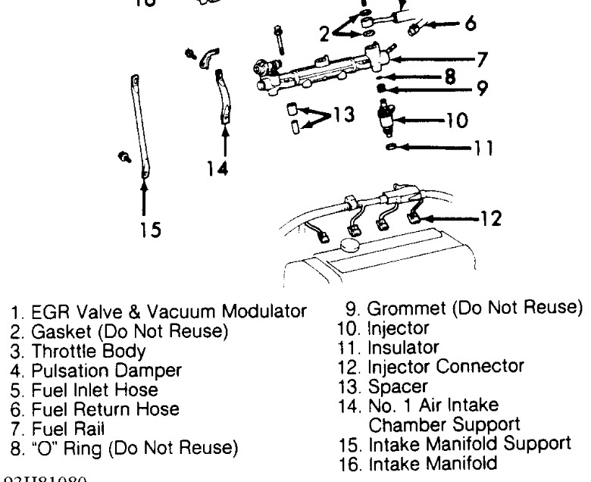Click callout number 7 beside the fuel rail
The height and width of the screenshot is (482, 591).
[x=482, y=58]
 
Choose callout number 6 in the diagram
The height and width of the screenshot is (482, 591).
[x=471, y=24]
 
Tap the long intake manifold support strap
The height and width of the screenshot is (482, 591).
[x=138, y=125]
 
